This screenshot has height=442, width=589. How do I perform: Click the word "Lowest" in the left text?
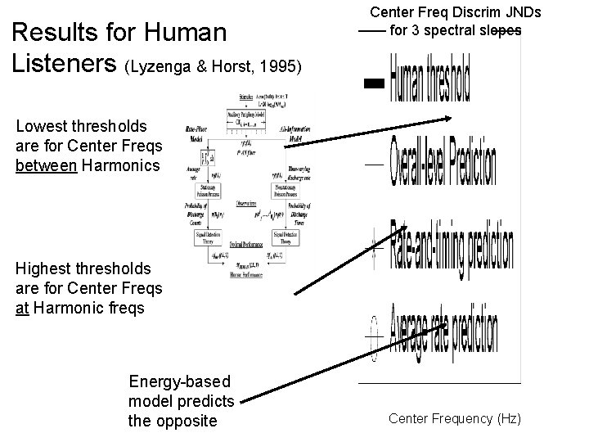[x=40, y=126]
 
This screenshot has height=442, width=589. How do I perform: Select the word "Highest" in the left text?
[x=43, y=268]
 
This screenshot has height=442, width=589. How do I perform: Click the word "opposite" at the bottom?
[x=190, y=420]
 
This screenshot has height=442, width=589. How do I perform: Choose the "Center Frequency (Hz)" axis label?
[x=454, y=419]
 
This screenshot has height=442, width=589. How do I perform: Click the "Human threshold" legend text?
[x=429, y=79]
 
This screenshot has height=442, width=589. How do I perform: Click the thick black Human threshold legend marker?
[x=374, y=83]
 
